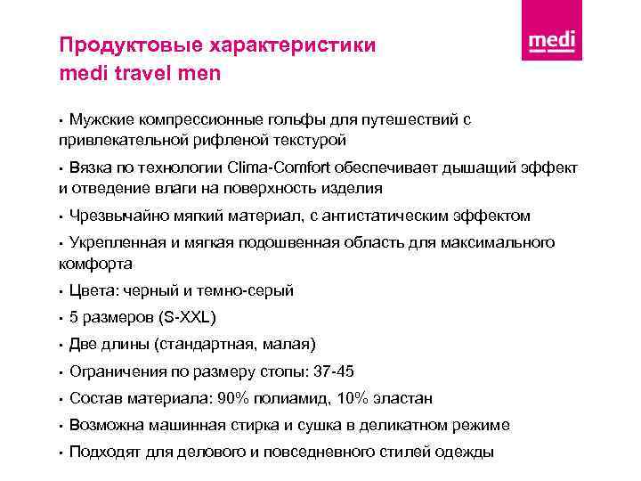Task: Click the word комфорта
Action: tap(95, 264)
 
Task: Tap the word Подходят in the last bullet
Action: tap(103, 452)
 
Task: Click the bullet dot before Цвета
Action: tap(61, 291)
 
